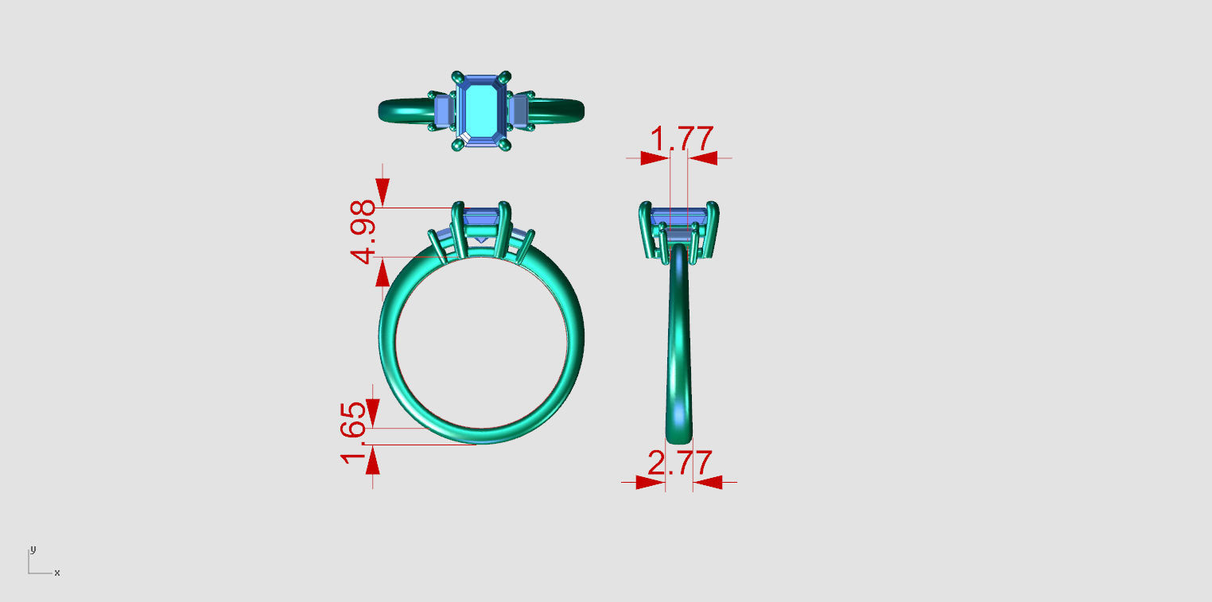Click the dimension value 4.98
tap(363, 232)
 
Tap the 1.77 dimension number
tap(682, 139)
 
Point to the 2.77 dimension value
tap(679, 463)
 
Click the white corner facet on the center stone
tap(465, 138)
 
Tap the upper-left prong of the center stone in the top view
tap(457, 78)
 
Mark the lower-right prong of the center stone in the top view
tap(504, 145)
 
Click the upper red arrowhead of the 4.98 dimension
tap(383, 192)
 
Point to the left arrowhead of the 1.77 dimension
tap(655, 159)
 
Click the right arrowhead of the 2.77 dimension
tap(707, 482)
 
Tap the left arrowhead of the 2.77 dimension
tap(650, 482)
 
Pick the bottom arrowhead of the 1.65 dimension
tap(372, 460)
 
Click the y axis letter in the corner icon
tap(33, 550)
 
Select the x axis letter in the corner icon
tap(57, 573)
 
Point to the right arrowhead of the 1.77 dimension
tap(703, 159)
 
